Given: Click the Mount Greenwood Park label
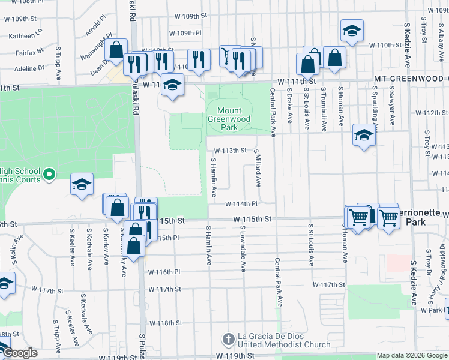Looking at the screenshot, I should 229,119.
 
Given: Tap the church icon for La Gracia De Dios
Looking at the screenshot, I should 227,340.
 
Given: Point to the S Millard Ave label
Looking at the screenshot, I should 258,168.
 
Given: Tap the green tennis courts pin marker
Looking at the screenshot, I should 50,175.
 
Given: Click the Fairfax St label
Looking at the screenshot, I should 29,52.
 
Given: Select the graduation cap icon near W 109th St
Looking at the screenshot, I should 352,29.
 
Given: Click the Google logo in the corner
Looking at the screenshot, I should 19,353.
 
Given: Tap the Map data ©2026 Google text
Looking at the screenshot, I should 412,355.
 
